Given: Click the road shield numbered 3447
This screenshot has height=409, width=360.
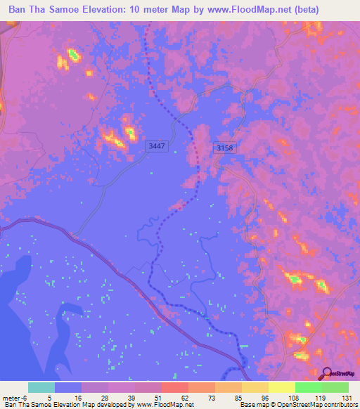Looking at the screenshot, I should pyautogui.click(x=157, y=146).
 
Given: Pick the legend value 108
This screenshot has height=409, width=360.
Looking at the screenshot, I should pyautogui.click(x=292, y=397).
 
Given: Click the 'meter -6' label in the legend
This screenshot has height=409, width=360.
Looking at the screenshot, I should pyautogui.click(x=15, y=397).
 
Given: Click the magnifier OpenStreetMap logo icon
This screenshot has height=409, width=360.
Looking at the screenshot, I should pyautogui.click(x=327, y=374).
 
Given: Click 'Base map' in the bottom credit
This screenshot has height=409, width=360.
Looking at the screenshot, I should pyautogui.click(x=252, y=405).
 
